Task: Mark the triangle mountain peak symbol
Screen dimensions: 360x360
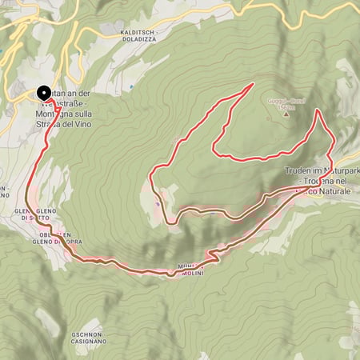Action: coord(286,113)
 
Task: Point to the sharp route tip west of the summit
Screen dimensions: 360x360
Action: coord(253,83)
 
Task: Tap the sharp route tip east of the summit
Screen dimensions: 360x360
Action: coord(318,110)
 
